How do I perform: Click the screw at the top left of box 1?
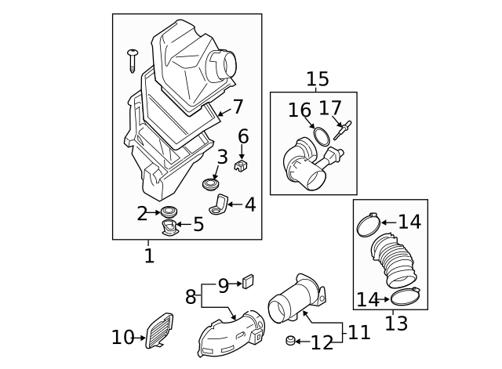[133, 61]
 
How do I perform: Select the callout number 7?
[238, 107]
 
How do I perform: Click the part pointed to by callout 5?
[169, 227]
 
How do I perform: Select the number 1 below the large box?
[149, 256]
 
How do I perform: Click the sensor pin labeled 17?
[341, 130]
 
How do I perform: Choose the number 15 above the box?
[317, 79]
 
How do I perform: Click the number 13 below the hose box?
[396, 323]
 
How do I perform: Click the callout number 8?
[191, 297]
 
